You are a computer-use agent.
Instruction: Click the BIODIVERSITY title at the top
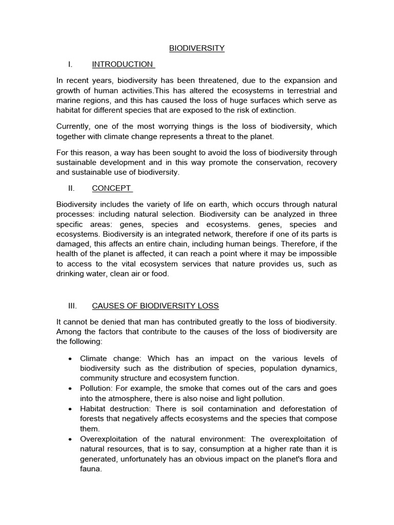click(x=197, y=48)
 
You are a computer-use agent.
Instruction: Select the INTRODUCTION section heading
click(x=122, y=64)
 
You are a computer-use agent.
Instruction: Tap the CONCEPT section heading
click(x=111, y=188)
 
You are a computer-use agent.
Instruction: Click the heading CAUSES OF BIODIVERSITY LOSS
click(x=155, y=306)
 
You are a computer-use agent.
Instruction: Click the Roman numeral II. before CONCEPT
click(x=71, y=188)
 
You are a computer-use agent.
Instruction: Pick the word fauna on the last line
click(x=91, y=468)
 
